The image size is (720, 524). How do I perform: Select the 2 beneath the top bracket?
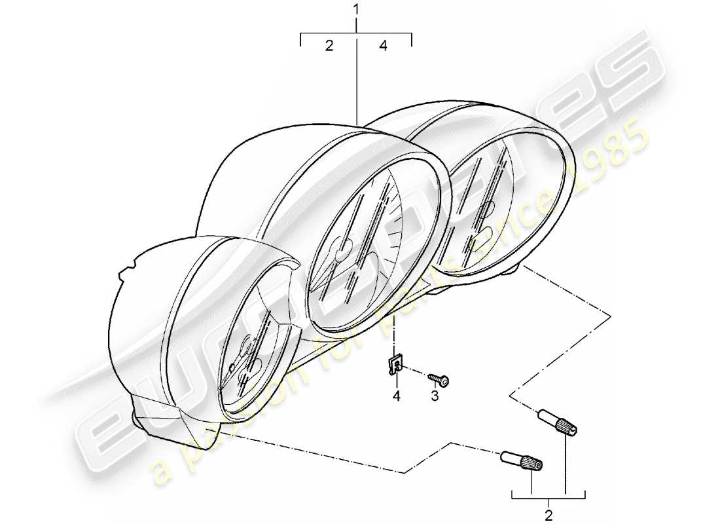(x=329, y=45)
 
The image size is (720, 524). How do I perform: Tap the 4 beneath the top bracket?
(x=384, y=45)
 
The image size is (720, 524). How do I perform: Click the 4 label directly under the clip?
(x=395, y=395)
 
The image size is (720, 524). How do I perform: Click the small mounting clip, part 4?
(x=395, y=367)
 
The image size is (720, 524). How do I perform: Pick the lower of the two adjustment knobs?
(x=522, y=461)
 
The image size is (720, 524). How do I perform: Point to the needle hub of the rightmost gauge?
(x=486, y=210)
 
